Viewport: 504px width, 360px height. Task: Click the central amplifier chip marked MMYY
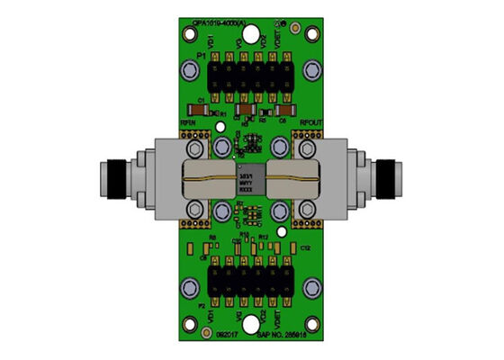(x=247, y=181)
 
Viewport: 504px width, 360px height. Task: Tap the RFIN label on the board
(x=189, y=122)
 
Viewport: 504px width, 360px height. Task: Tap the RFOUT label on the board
(x=310, y=122)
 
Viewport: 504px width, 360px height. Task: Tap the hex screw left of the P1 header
(x=191, y=69)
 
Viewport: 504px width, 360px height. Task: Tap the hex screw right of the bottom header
(x=311, y=286)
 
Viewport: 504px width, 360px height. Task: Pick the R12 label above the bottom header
(x=264, y=237)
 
